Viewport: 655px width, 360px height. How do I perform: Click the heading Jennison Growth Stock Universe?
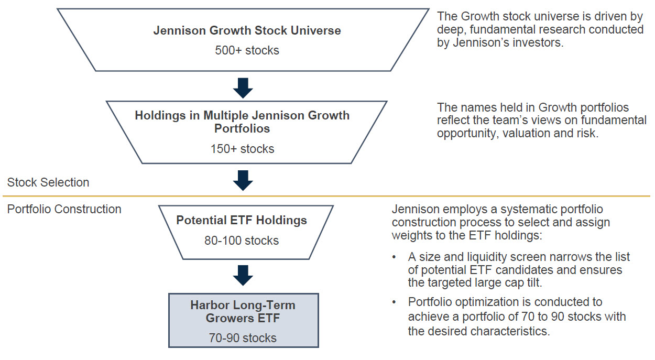247,30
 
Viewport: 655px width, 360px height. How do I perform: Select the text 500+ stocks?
247,50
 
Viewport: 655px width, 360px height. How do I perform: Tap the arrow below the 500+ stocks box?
243,88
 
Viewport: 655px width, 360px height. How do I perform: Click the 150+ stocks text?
243,149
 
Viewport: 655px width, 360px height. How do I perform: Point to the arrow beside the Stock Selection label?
243,180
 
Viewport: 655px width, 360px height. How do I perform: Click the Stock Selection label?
48,182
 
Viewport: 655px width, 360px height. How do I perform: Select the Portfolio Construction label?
64,209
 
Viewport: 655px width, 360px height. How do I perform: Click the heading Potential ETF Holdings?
242,220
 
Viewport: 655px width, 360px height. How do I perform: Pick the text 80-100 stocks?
242,241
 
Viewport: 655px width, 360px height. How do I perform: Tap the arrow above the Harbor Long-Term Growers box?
243,275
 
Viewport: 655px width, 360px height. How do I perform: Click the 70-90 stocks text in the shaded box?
243,338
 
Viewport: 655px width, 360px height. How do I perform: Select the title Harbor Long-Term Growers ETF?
243,311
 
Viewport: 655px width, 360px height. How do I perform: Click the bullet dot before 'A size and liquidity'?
394,257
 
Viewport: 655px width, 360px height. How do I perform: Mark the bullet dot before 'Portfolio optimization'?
394,302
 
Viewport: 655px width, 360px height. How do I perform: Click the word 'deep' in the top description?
450,30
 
